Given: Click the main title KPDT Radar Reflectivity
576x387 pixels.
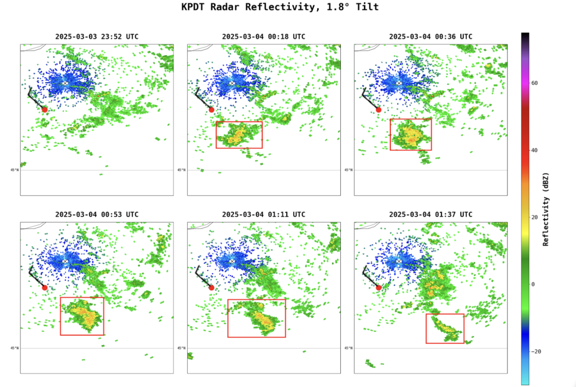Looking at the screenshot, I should pos(280,7).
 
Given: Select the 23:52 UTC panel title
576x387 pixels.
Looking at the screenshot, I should pos(97,37).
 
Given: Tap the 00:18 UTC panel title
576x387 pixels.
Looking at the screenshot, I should pos(263,37).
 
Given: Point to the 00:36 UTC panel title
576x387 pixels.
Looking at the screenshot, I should pos(430,37).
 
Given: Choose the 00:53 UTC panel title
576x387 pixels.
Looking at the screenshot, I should pos(97,214).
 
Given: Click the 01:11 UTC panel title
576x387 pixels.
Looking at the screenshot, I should pos(263,214).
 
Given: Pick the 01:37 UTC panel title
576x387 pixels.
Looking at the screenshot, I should pos(430,214).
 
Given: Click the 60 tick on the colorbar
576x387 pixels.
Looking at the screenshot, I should pos(534,83).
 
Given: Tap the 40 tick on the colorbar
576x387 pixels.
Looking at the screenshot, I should pos(534,150).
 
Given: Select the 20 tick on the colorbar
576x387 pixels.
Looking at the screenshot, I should pos(534,217).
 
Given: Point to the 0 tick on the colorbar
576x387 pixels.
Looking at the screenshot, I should pos(533,284).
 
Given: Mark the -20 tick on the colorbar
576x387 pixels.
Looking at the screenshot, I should pos(535,351).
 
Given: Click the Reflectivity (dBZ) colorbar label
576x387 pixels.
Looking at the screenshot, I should pos(546,209).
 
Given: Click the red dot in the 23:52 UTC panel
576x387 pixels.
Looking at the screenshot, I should pos(45,110).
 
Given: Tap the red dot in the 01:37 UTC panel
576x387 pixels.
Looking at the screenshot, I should pos(379,287).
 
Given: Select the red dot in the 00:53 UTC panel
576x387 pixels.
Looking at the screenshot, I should pos(45,287).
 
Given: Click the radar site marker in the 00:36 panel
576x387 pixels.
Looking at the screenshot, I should pos(399,83).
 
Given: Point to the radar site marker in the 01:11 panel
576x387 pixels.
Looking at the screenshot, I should pos(232,262).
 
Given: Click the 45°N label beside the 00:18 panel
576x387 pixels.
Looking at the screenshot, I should pos(181,170).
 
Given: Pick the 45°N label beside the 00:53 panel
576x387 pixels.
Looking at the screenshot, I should pos(14,348).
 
